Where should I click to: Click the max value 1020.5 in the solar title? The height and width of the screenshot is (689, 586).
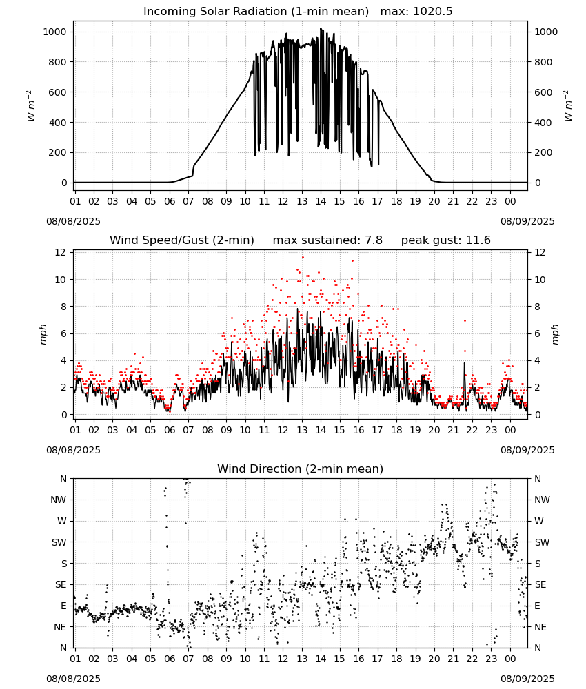432,11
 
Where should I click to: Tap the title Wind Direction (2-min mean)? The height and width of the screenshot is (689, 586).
301,469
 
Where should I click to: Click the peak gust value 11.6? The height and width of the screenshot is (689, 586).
477,240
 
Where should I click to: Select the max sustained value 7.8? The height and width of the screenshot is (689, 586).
373,240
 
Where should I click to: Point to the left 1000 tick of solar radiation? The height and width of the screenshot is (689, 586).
54,32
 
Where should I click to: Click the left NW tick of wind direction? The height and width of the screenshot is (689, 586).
59,500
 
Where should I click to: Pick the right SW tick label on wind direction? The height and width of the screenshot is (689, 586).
542,542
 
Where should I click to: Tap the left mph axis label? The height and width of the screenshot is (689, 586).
43,334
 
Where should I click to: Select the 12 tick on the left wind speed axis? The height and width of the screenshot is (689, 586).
60,252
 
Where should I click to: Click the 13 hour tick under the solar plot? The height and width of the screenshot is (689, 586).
302,201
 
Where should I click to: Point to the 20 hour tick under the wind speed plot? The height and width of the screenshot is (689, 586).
434,430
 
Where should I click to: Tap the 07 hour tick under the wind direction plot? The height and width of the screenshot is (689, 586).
188,659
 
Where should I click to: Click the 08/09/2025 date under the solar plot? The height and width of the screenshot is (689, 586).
527,221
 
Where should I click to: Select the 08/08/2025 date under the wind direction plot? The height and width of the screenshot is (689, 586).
73,679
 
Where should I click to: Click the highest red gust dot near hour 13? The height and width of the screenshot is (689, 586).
303,258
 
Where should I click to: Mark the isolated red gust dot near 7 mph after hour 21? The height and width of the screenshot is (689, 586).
465,321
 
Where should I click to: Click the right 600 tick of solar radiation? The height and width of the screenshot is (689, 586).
543,92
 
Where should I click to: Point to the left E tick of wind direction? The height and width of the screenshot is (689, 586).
63,606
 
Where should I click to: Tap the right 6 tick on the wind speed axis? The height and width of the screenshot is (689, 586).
537,333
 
